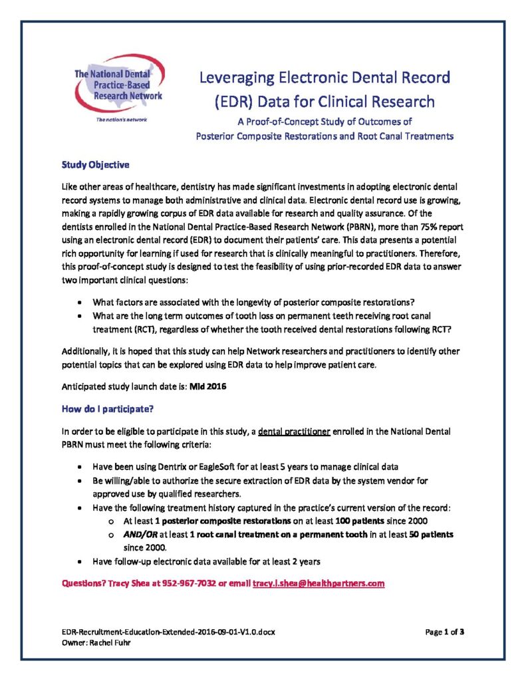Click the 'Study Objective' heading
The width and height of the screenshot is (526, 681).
pos(95,165)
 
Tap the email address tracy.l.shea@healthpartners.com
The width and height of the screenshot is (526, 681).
pos(319,583)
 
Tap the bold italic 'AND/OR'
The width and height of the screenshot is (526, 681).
pos(142,534)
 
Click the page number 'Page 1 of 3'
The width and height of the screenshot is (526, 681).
pos(444,632)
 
